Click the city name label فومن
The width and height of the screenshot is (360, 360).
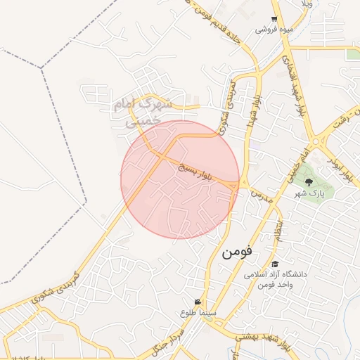point(237,252)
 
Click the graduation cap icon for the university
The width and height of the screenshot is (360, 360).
point(274,264)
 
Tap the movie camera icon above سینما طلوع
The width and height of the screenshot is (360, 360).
point(207,302)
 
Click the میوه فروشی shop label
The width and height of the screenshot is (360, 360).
point(273,30)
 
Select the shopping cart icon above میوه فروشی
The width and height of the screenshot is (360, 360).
point(274,20)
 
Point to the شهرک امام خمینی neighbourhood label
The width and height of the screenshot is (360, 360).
point(143,112)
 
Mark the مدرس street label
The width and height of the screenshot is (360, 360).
point(260,193)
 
